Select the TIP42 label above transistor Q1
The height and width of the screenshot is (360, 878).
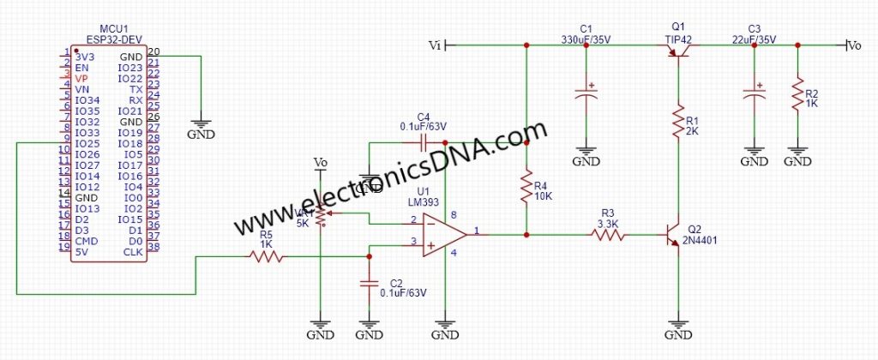click(677, 39)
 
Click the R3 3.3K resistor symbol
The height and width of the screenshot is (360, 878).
click(609, 234)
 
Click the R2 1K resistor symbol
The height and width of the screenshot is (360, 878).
click(798, 93)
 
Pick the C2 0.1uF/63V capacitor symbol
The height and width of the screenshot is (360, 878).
click(370, 283)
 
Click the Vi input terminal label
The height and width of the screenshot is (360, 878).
click(434, 45)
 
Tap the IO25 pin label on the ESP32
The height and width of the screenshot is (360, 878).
click(87, 143)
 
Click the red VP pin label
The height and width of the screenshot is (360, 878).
click(81, 78)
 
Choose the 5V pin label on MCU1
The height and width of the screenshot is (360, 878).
click(81, 252)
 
